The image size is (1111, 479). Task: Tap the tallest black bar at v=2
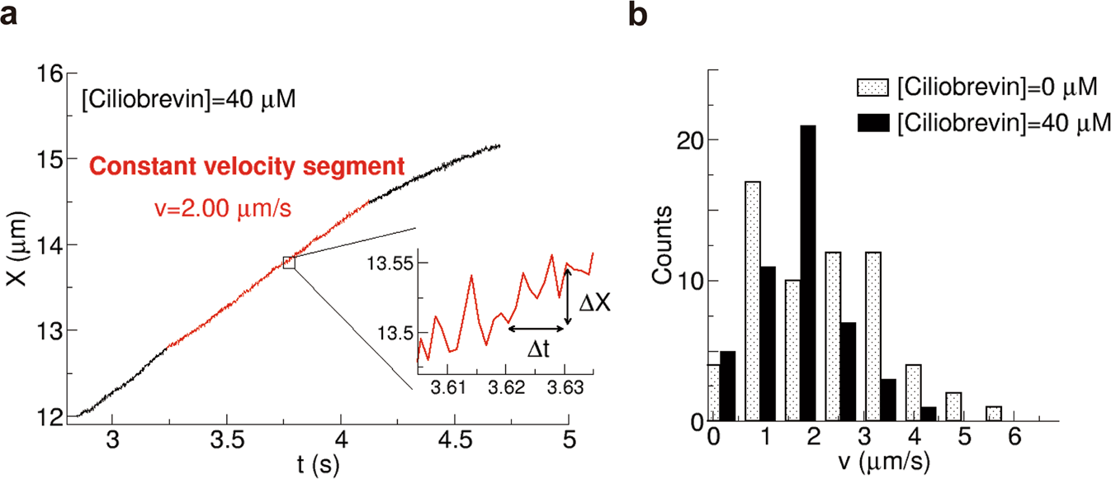[808, 273]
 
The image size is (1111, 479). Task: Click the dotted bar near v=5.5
[995, 413]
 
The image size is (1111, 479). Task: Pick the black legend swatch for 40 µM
[874, 122]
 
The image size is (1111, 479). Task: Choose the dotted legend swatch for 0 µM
[874, 85]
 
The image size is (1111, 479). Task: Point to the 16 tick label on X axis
[50, 74]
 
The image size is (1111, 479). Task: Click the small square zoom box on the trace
[289, 262]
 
